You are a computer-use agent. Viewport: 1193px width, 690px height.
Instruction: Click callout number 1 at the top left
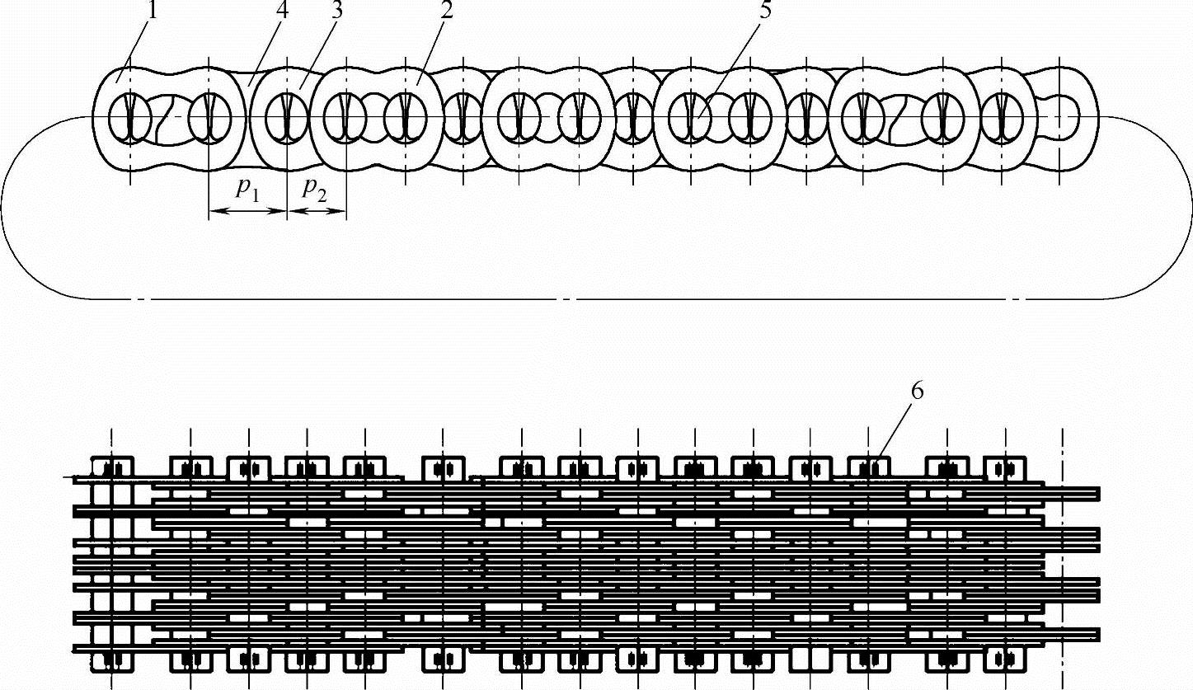click(152, 11)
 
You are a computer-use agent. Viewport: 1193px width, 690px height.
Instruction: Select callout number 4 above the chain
click(282, 11)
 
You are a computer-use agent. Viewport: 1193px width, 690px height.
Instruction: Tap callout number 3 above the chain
click(336, 11)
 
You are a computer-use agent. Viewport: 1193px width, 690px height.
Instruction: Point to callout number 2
click(446, 11)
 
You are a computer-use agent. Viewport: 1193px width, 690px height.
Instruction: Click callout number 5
click(765, 11)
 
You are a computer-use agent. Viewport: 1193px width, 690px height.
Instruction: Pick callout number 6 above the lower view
click(917, 392)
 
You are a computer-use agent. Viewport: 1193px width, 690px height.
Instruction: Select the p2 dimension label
click(313, 190)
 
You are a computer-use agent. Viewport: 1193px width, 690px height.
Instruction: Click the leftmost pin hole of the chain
click(129, 118)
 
